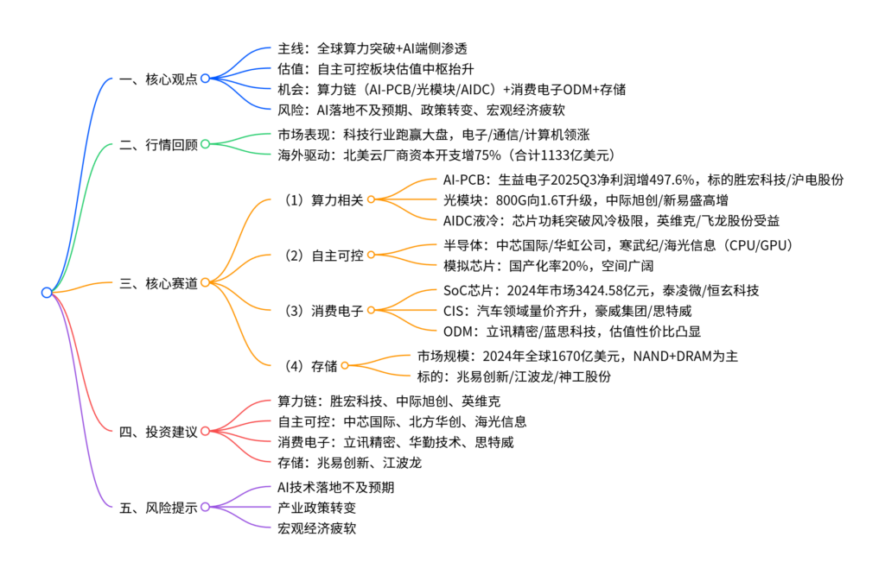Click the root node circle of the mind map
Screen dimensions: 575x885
47,293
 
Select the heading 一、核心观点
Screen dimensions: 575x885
158,79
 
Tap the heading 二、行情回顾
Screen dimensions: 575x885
158,144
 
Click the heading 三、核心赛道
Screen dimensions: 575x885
158,282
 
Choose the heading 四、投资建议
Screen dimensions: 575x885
158,431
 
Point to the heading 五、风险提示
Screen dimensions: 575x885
158,507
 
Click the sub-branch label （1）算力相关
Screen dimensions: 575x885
322,199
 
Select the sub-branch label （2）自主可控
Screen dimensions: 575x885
322,255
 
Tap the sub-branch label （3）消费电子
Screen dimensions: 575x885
322,310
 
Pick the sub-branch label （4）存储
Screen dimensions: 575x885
309,365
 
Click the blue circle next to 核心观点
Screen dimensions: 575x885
205,79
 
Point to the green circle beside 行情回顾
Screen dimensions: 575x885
205,144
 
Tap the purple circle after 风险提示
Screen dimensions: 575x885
205,507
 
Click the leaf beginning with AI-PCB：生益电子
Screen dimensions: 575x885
642,180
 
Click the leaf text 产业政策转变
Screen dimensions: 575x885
316,508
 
